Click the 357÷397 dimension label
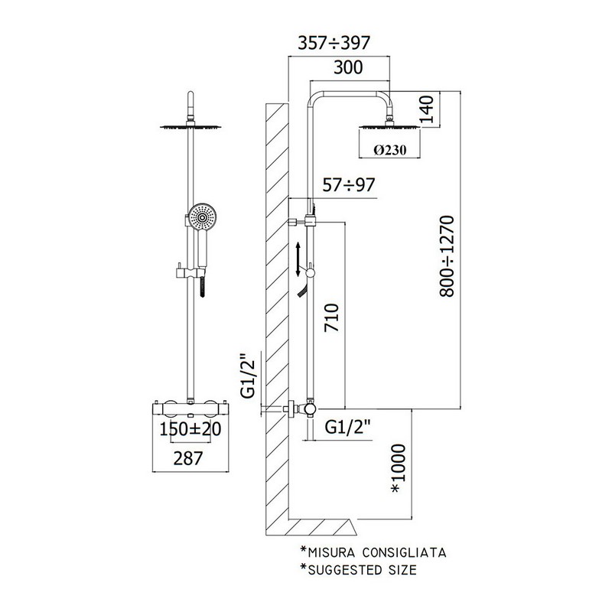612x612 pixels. coord(334,43)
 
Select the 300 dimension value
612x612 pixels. coord(348,67)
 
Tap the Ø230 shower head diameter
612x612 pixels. coord(389,150)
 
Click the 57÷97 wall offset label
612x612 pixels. coord(349,185)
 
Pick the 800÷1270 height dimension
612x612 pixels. coord(447,256)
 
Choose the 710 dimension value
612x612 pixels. coord(332,317)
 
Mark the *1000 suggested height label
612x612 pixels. coord(398,468)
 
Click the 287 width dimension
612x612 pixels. coord(188,458)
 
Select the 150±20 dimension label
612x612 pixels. coord(190,429)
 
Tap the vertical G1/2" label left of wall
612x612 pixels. coord(248,375)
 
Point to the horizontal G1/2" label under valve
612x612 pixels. coord(347,427)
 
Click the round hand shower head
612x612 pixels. coord(202,217)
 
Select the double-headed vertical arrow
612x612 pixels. coord(298,259)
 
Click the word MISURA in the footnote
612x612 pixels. coord(331,552)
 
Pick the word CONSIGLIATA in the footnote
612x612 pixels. coord(404,552)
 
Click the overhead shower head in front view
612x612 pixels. coord(190,126)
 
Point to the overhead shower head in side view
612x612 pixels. coord(389,126)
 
